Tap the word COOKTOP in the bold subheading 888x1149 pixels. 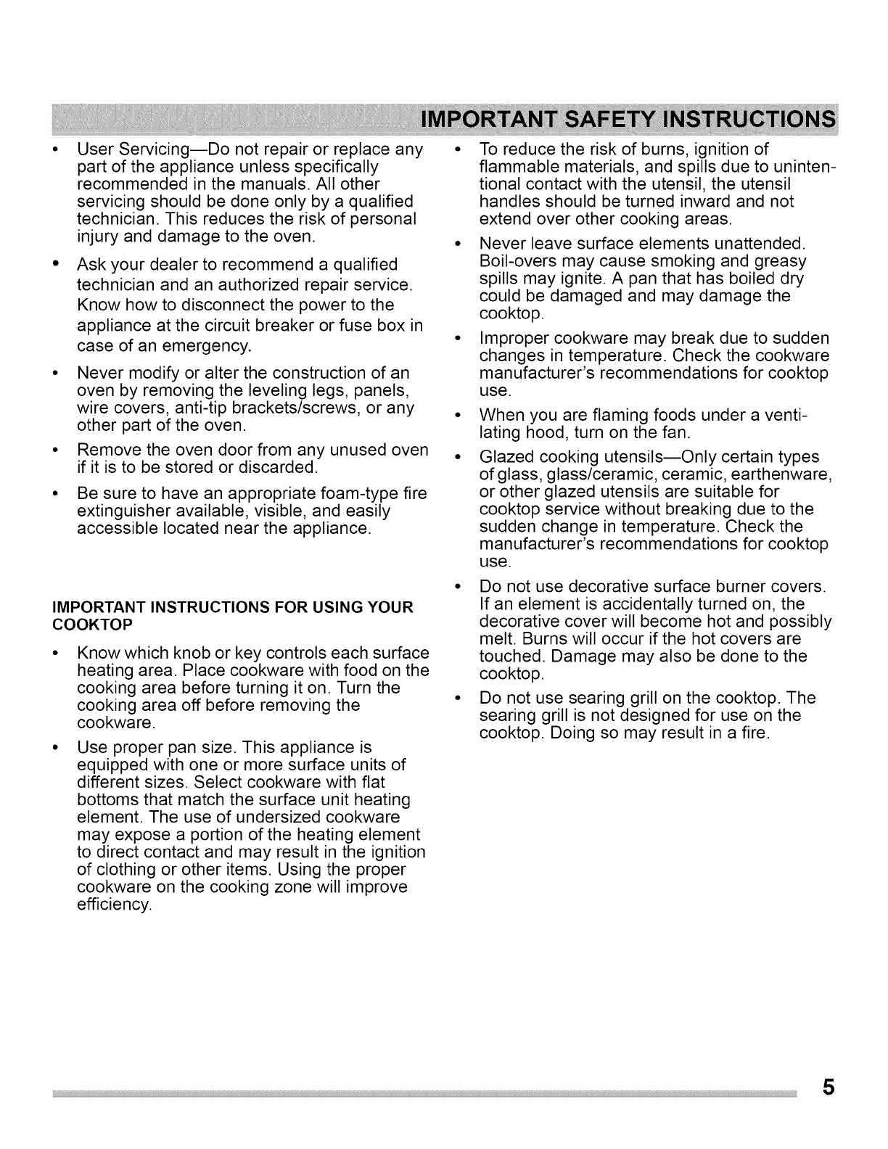click(104, 625)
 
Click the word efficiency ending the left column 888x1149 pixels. click(114, 905)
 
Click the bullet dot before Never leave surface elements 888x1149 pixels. click(459, 242)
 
